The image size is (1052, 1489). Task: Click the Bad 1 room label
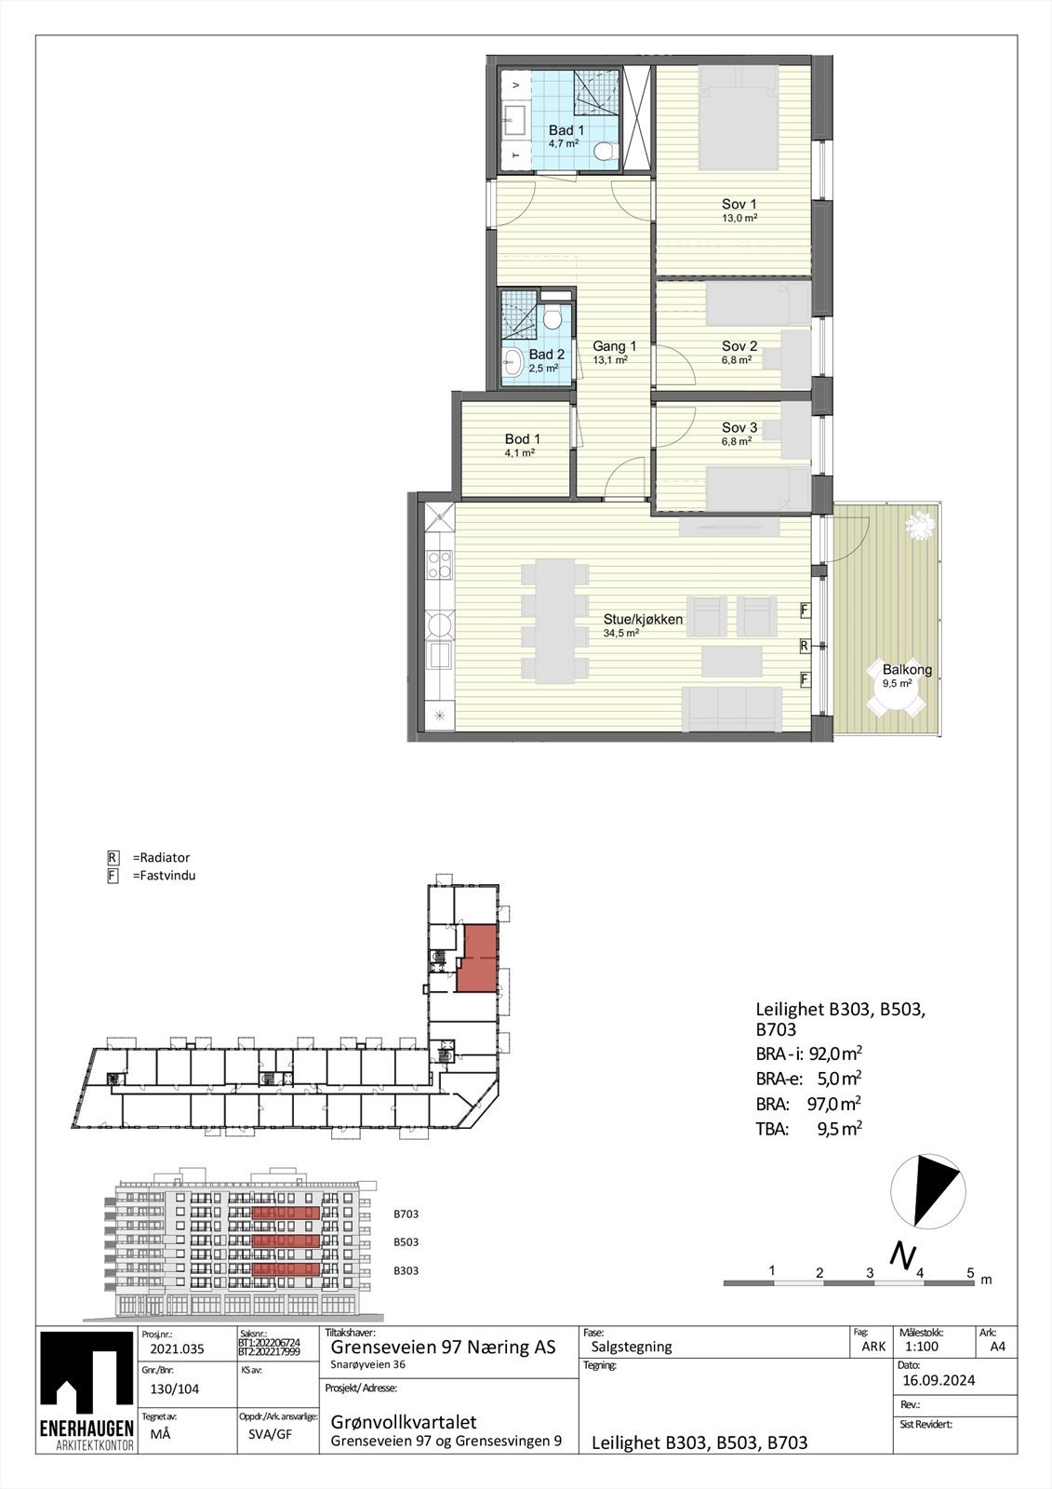pyautogui.click(x=566, y=131)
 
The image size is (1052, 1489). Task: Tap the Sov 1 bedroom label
pyautogui.click(x=739, y=205)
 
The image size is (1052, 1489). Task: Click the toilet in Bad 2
pyautogui.click(x=553, y=318)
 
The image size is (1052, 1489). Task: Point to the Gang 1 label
pyautogui.click(x=614, y=347)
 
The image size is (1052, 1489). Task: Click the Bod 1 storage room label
pyautogui.click(x=522, y=439)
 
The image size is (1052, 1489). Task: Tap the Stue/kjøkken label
pyautogui.click(x=643, y=620)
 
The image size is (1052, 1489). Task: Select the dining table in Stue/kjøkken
pyautogui.click(x=554, y=621)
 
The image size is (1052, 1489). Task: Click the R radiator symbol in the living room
pyautogui.click(x=804, y=645)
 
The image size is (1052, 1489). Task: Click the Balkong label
pyautogui.click(x=907, y=670)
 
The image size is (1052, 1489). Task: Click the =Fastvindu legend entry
pyautogui.click(x=164, y=876)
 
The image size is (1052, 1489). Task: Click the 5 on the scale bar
pyautogui.click(x=970, y=1273)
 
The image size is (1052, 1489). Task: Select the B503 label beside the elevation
pyautogui.click(x=406, y=1242)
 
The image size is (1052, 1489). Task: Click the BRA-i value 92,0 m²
pyautogui.click(x=834, y=1054)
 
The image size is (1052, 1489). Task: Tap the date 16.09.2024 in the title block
pyautogui.click(x=938, y=1380)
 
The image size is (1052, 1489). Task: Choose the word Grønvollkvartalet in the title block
pyautogui.click(x=404, y=1422)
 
